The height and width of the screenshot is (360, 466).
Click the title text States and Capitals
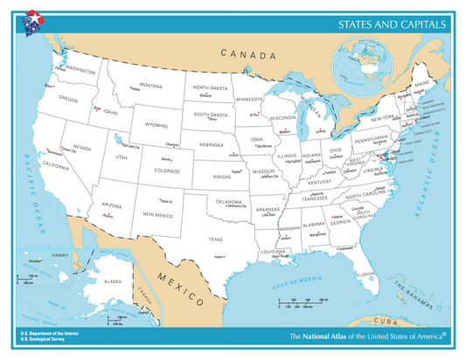[x=393, y=24]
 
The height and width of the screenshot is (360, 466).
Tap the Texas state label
[x=214, y=238]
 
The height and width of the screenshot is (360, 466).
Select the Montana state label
[x=151, y=86]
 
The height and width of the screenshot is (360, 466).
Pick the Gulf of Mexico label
[x=298, y=282]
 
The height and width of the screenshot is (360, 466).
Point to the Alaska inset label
[x=113, y=282]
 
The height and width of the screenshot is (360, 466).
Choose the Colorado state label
[x=169, y=171]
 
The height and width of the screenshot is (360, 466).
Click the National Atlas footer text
[x=367, y=336]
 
